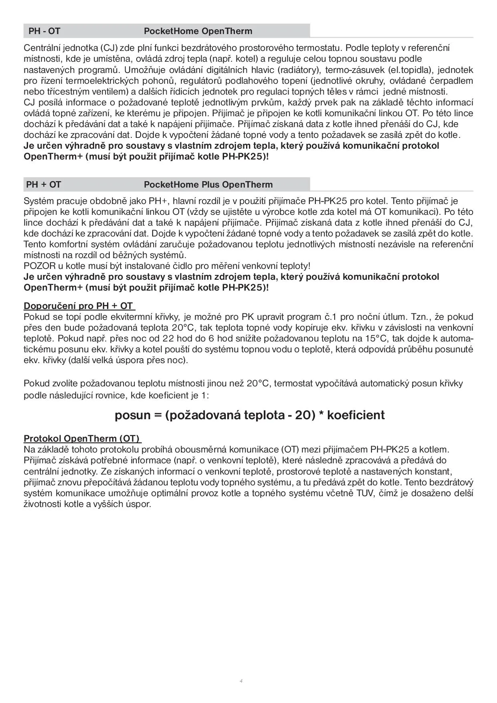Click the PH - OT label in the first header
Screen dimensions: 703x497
point(44,31)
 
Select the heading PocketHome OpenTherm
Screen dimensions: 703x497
point(198,31)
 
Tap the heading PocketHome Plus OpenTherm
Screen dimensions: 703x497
point(208,185)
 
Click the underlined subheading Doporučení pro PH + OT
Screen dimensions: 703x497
point(79,306)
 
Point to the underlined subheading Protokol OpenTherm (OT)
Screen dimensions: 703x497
point(83,438)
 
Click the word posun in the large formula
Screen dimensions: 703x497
point(132,415)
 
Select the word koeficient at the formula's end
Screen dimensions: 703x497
point(356,415)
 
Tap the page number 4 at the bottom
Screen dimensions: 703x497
point(241,681)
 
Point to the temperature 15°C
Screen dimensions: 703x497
point(376,338)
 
